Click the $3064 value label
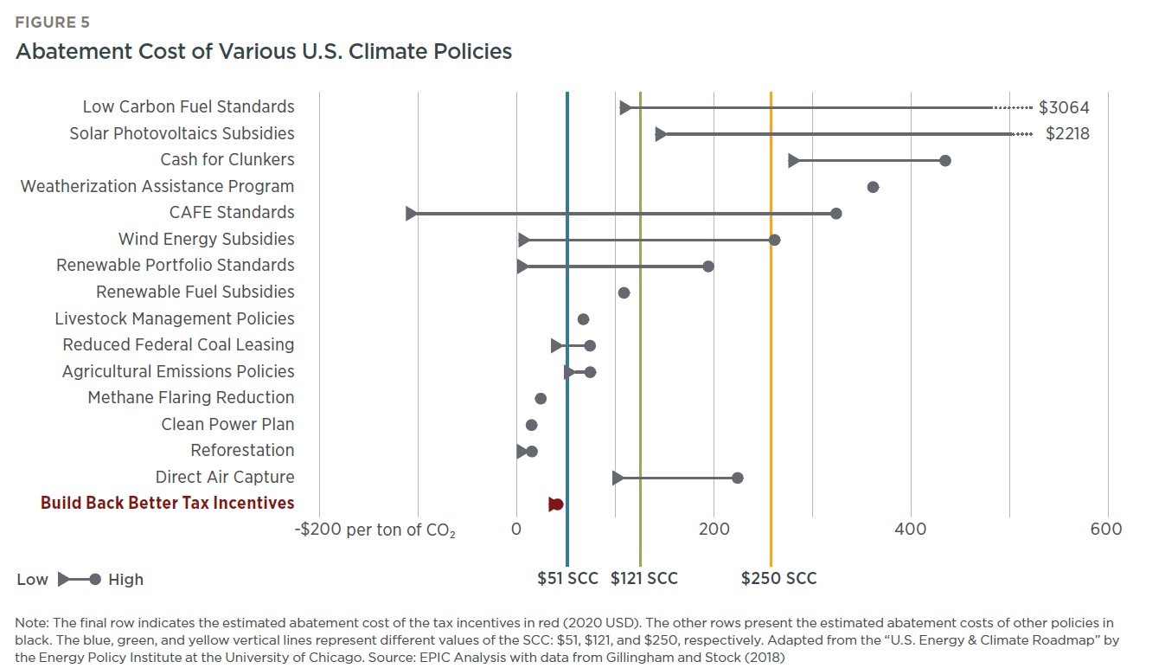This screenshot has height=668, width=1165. coord(1063,107)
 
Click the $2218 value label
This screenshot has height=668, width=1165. coord(1066,134)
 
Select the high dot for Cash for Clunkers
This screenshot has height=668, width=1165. coord(945,161)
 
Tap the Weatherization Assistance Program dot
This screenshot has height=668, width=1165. coord(873,187)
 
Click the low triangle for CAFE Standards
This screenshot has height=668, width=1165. coord(412,214)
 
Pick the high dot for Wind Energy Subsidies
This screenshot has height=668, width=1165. coord(774,240)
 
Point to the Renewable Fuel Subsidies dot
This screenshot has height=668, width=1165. coord(624,292)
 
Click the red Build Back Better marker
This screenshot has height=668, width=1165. coord(556,504)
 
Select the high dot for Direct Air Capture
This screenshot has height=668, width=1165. coord(737,478)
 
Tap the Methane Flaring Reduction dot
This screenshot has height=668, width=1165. coord(541,399)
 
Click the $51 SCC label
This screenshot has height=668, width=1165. coord(567,579)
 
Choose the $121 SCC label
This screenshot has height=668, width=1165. coord(643,579)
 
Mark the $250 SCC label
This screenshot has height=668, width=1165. coord(778,579)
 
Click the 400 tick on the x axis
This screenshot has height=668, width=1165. coord(911,529)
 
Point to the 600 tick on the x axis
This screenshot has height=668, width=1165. coord(1106,529)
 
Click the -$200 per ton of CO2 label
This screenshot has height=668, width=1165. coord(375,530)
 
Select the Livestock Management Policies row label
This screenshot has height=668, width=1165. coord(174,318)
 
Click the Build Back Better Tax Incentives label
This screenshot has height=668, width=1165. coord(167,503)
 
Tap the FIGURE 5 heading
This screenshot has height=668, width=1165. coord(52,22)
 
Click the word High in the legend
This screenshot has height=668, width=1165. coord(126,580)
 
